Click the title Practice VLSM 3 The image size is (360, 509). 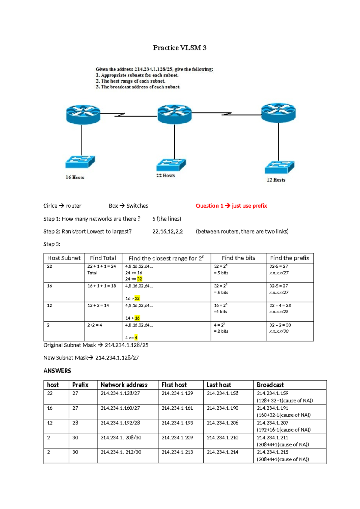tap(180, 48)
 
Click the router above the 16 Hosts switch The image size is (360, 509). tap(83, 114)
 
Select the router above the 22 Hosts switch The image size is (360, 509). tap(175, 114)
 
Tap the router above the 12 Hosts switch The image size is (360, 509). tap(278, 113)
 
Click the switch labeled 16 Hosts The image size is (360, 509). tap(80, 162)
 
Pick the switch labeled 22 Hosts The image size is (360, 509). tap(171, 165)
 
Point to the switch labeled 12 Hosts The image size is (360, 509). tap(280, 167)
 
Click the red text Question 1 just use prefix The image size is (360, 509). tap(231, 206)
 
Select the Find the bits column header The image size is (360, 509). tap(238, 258)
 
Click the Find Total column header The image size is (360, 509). tap(103, 258)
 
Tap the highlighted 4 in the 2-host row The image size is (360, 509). tap(136, 338)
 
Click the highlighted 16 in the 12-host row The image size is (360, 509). tap(137, 318)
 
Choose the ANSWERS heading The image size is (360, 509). tap(57, 371)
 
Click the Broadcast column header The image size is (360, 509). tap(270, 385)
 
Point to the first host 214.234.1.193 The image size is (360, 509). tap(177, 423)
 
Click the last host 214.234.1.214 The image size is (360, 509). tap(222, 452)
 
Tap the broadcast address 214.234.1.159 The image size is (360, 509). tap(272, 393)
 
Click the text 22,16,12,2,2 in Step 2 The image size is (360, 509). tap(167, 232)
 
